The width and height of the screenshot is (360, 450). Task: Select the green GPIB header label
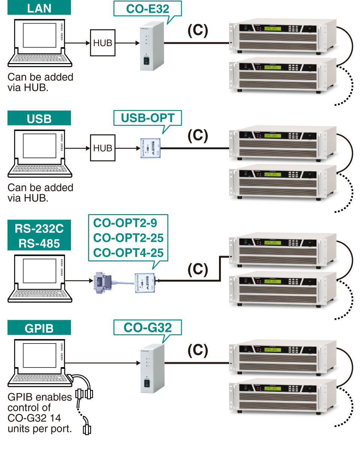[x=39, y=328]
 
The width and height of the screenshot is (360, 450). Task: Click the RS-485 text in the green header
[x=39, y=243]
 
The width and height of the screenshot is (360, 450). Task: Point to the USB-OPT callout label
[x=147, y=118]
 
